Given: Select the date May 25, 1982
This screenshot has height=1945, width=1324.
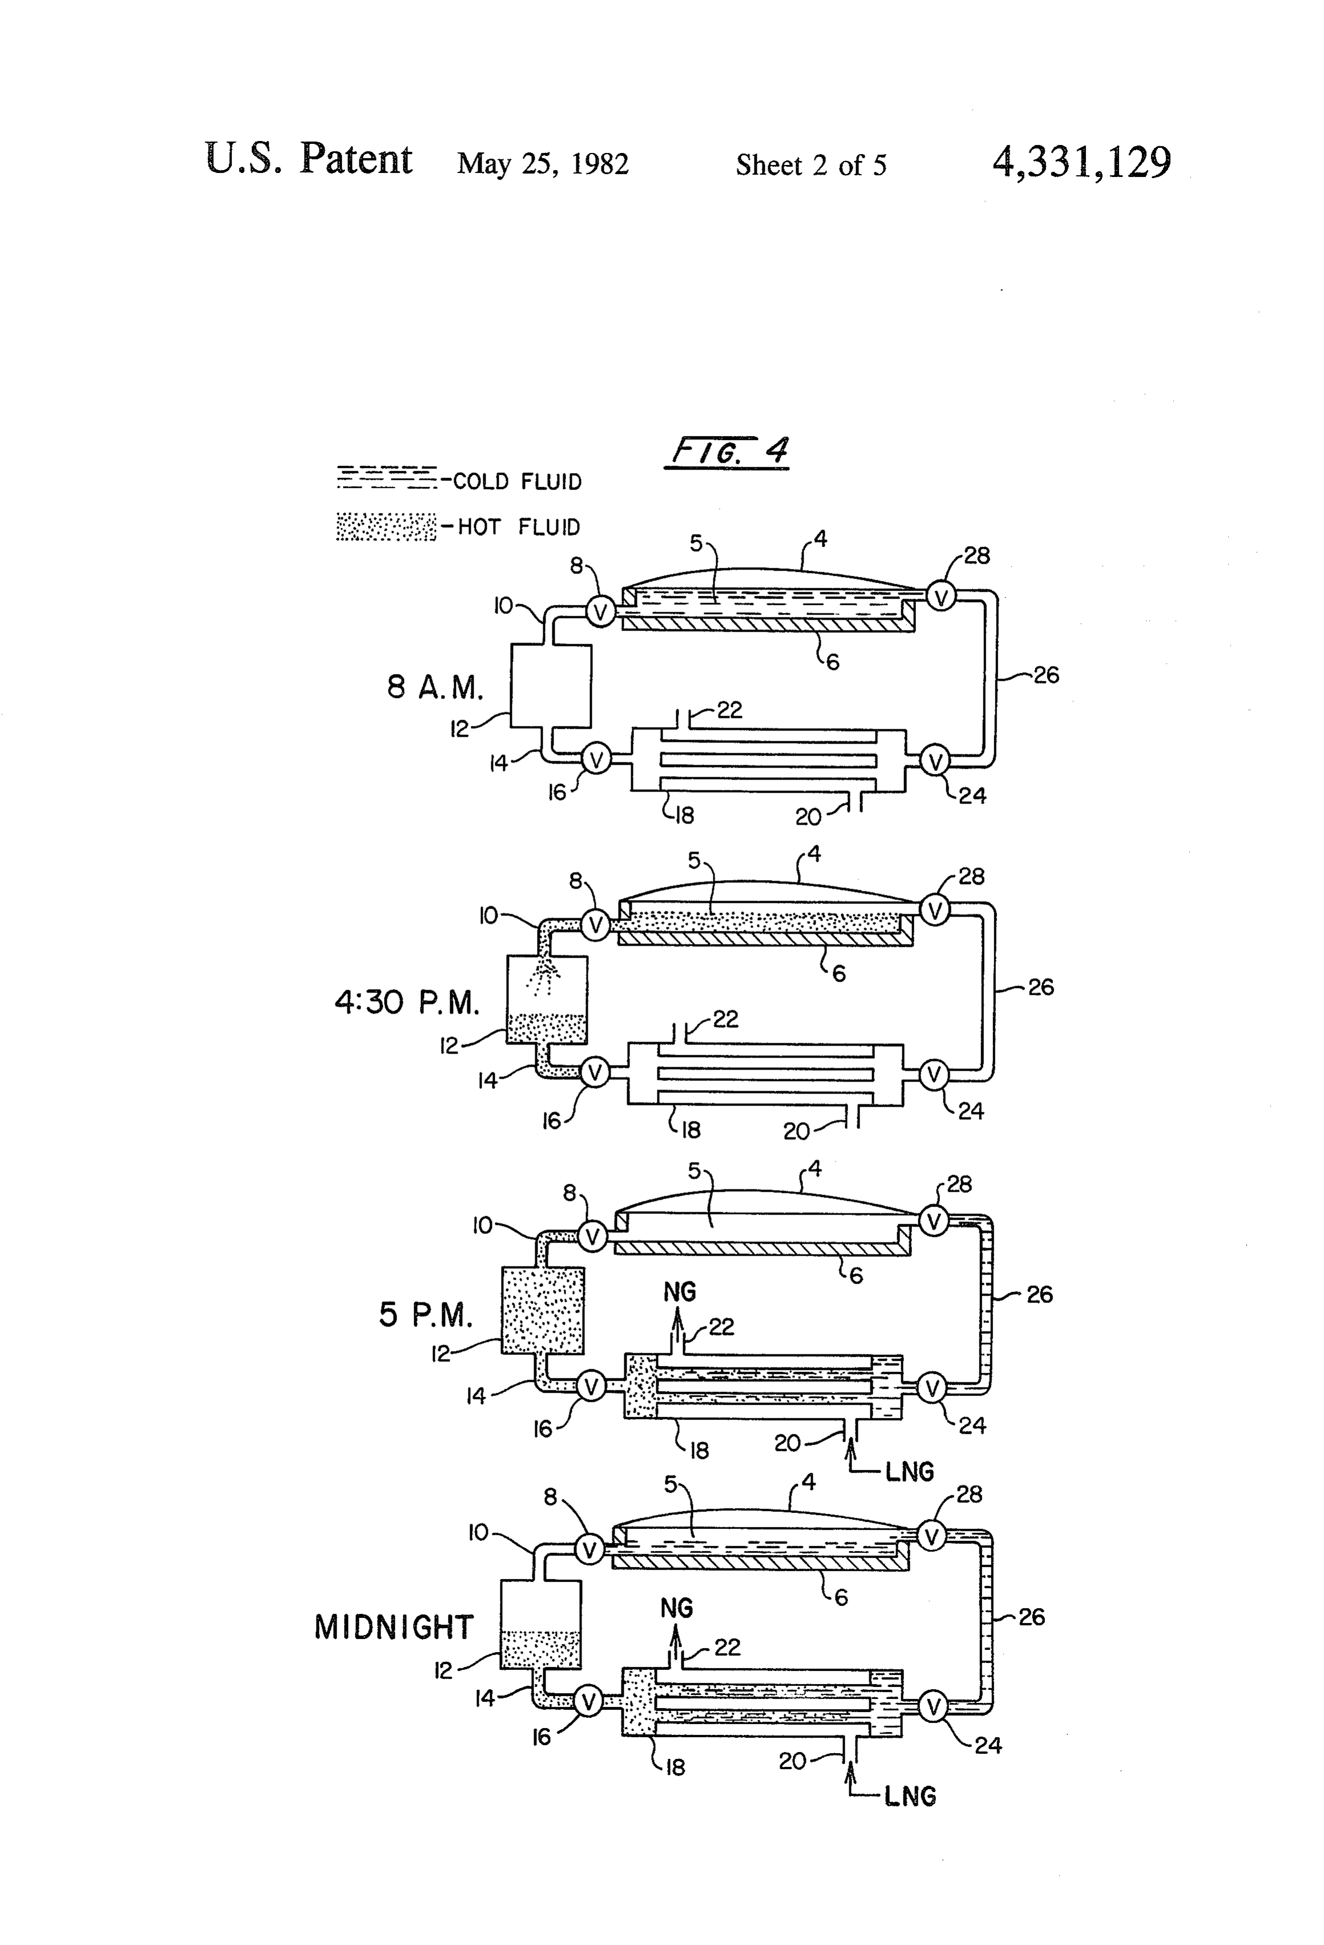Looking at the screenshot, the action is point(542,164).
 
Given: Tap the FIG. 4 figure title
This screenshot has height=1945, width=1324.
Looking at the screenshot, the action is point(727,452).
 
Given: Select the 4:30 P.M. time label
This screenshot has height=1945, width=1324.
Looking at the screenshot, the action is point(407,1002).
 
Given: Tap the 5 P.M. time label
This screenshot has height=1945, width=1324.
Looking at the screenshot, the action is point(425,1315).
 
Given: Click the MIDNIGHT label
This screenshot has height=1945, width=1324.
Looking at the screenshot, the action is point(393,1627).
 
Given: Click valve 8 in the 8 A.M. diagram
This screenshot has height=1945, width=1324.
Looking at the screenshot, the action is point(599,612).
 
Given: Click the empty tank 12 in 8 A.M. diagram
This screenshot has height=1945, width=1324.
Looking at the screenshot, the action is point(551,686).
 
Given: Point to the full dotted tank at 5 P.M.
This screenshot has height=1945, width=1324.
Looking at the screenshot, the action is point(542,1310).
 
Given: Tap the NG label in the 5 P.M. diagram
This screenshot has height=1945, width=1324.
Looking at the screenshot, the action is point(680,1292).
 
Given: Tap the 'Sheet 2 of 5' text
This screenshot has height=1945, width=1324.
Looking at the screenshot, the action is point(811,165).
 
